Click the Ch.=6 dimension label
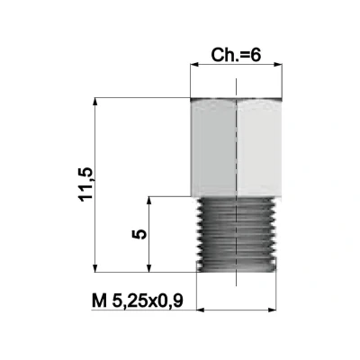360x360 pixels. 236,55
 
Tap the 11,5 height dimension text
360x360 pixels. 86,184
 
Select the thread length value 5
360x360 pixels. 139,234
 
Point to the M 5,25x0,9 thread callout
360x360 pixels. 137,301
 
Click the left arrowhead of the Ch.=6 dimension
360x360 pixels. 195,64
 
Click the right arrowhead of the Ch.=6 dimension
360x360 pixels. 278,64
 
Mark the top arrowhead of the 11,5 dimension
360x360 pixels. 95,102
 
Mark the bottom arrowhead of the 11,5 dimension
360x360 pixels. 95,268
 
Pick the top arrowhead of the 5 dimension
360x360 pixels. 148,201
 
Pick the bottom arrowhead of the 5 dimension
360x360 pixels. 148,268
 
